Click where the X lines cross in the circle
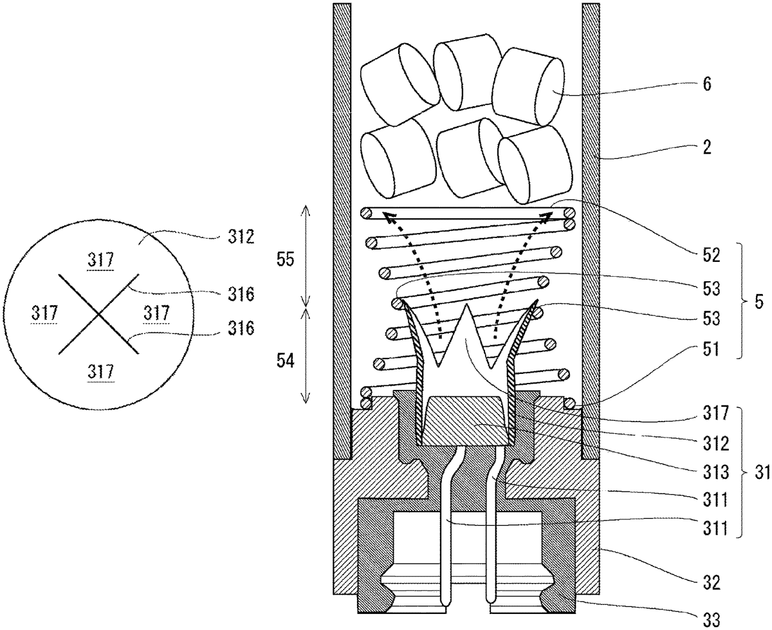point(98,314)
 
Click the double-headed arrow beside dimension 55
point(306,255)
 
